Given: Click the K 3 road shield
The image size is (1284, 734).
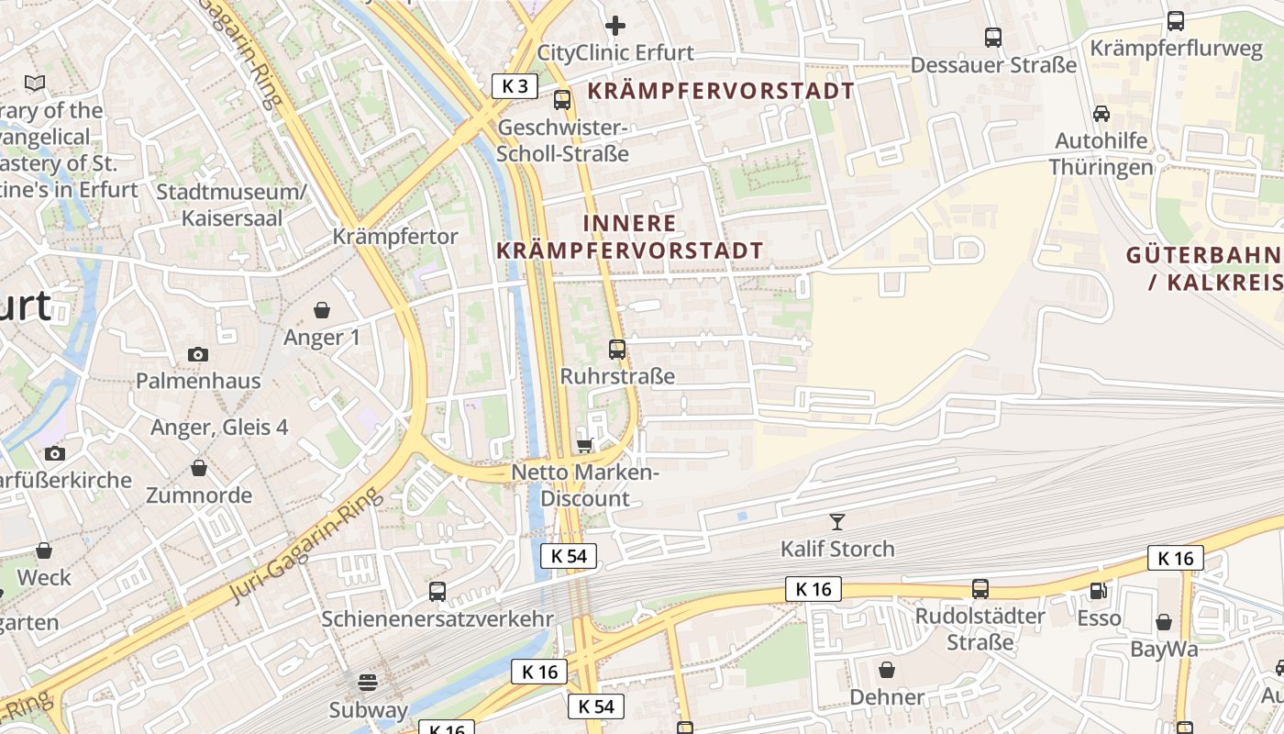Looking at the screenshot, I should click(515, 86).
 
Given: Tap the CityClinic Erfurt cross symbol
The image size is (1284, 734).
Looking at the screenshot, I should click(615, 25).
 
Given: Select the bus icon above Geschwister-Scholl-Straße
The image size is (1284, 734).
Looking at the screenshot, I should click(562, 100).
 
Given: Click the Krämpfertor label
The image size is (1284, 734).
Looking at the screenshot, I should click(395, 237).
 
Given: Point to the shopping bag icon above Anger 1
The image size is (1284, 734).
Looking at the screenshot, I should click(322, 310).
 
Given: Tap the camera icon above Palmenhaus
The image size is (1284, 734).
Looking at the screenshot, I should click(198, 354).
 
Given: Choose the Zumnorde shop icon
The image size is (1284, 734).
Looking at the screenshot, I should click(199, 469).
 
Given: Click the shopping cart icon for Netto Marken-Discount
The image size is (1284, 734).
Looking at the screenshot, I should click(584, 445).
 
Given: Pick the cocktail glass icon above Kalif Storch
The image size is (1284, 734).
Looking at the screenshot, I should click(836, 522).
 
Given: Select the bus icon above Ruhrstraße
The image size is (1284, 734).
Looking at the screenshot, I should click(617, 350).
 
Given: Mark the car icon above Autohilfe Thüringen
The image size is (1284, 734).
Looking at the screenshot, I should click(1101, 114).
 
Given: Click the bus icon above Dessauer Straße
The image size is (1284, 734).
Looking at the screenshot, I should click(993, 38).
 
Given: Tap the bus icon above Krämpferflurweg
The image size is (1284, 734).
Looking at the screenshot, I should click(1176, 21).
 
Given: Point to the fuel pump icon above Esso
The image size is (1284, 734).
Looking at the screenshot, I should click(1098, 591).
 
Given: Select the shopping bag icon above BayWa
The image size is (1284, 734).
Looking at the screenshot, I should click(1164, 622).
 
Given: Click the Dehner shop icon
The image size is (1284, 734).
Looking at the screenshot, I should click(887, 670).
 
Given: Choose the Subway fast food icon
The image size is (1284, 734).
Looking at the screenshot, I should click(368, 682).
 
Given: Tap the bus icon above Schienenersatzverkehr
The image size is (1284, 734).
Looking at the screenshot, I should click(437, 592).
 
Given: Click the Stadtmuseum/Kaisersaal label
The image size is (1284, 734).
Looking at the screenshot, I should click(231, 206).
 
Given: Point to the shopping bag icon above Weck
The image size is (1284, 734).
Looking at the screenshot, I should click(44, 550).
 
